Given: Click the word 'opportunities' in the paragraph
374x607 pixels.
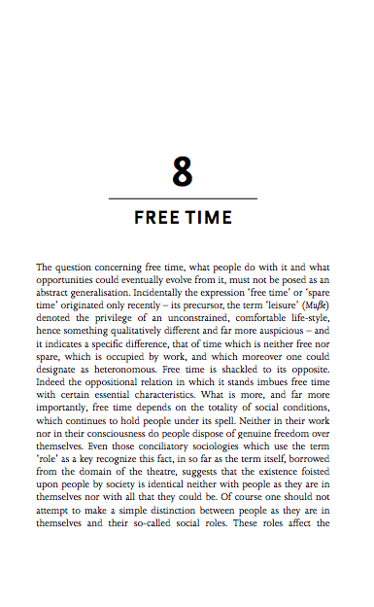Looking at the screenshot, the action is (x=71, y=278).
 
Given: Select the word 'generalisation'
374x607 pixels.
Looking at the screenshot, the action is (x=109, y=291).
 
